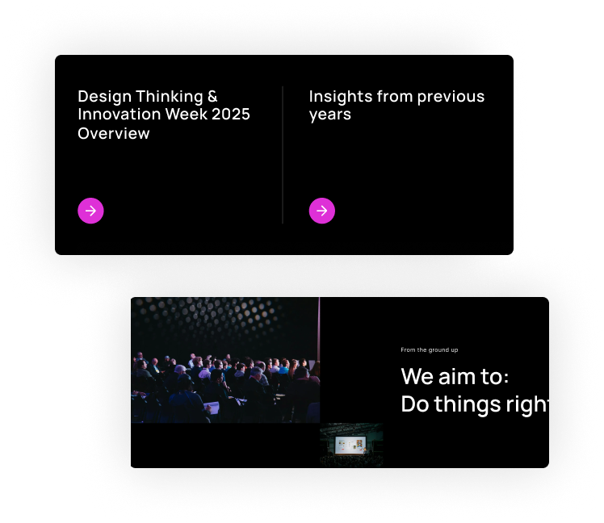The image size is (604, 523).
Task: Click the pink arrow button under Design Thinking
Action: [90, 211]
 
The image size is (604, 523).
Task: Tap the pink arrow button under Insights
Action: [321, 211]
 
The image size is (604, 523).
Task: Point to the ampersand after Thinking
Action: [212, 97]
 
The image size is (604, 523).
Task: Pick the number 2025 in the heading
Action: [231, 115]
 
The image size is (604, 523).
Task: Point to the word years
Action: [329, 115]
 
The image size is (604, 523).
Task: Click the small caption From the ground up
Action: [429, 349]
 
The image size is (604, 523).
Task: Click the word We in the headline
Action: [417, 377]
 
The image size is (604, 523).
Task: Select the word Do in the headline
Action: [414, 404]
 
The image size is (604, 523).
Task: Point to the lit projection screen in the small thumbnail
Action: [350, 445]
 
